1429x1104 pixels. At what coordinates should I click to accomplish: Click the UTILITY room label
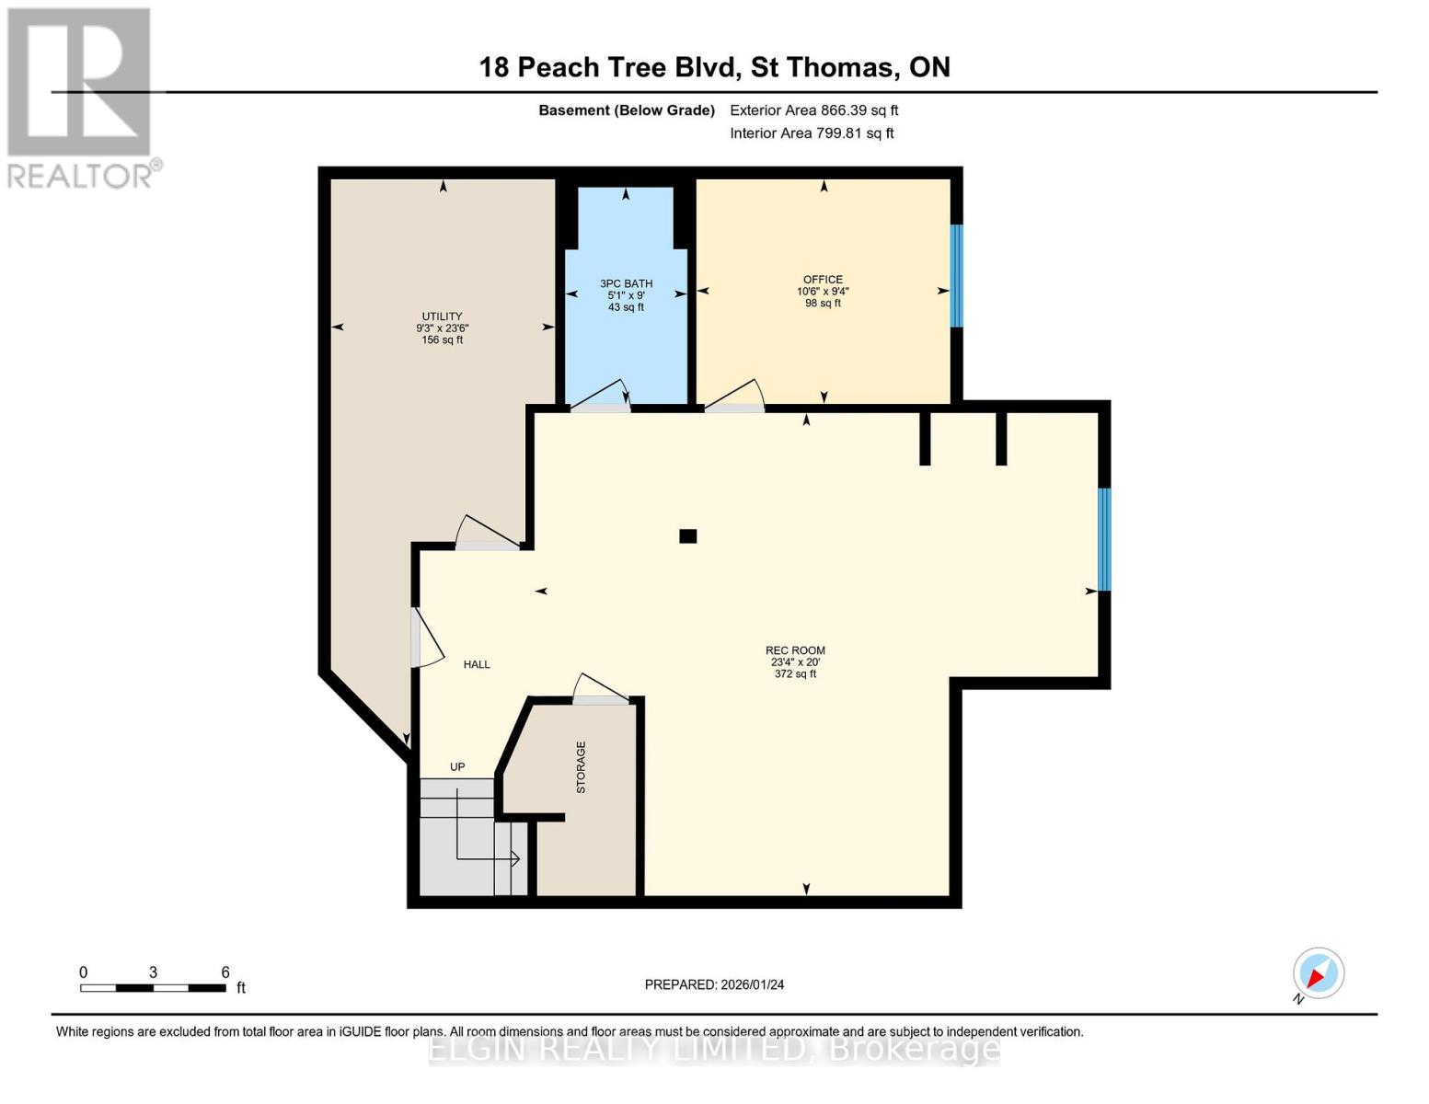[x=442, y=316]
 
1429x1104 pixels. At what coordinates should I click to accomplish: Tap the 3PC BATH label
[x=626, y=283]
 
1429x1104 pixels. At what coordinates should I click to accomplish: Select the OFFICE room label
[x=823, y=280]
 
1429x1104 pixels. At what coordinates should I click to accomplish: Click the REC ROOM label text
[x=795, y=650]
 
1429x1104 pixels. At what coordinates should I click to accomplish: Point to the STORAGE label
[x=581, y=767]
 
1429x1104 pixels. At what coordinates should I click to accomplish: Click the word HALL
[x=477, y=664]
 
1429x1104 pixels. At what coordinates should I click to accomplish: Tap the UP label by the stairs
[x=457, y=766]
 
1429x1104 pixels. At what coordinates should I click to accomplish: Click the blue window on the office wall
[x=956, y=276]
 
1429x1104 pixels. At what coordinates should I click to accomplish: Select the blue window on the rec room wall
[x=1104, y=539]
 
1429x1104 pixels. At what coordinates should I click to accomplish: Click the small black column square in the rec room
[x=687, y=536]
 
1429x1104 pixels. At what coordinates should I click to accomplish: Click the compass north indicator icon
[x=1318, y=973]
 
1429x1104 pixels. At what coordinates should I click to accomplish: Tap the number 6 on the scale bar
[x=225, y=972]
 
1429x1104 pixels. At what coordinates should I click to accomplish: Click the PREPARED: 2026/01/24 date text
[x=714, y=984]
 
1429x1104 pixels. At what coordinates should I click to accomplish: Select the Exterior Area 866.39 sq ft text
[x=813, y=110]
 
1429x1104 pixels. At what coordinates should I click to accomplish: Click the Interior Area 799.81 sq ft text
[x=812, y=133]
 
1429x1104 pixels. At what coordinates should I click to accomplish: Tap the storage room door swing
[x=599, y=689]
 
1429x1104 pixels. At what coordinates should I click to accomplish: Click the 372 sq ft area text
[x=795, y=674]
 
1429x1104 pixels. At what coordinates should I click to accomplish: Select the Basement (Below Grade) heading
[x=627, y=110]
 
